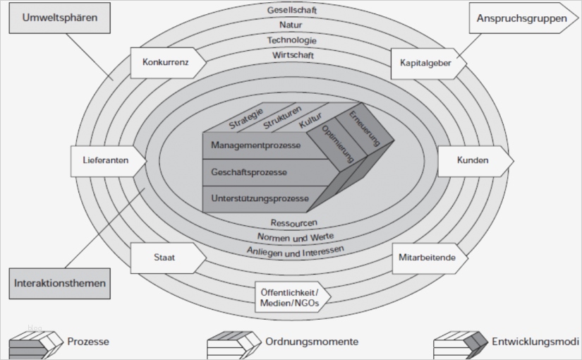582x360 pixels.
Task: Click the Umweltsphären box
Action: click(x=60, y=17)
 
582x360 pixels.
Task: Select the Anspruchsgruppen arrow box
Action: click(x=521, y=18)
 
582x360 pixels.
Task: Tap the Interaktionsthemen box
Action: click(x=60, y=283)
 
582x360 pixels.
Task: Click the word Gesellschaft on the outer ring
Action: click(x=292, y=11)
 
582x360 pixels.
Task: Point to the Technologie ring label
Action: click(x=292, y=40)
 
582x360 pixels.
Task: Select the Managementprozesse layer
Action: click(x=256, y=145)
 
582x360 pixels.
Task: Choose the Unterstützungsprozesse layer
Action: click(x=260, y=198)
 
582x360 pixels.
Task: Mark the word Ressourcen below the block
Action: click(x=293, y=223)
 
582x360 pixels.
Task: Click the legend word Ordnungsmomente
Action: click(x=311, y=342)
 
